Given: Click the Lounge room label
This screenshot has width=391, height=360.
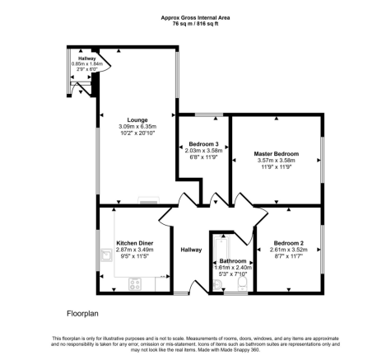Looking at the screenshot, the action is coord(137,120).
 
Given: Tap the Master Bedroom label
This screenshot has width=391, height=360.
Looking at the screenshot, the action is coord(277,154).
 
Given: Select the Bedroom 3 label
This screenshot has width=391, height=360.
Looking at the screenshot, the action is coord(203,144).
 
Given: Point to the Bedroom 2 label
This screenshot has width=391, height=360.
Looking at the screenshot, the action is coord(289,243).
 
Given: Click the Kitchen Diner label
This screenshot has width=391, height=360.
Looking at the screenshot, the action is coord(135,243).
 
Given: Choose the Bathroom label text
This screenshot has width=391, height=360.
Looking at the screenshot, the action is coord(233,261).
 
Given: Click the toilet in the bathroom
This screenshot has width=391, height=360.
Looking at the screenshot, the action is coord(242,283).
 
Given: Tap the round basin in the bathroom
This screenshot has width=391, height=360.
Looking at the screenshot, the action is coord(217,285).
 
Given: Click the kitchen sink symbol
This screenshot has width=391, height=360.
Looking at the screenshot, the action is coord(106,255).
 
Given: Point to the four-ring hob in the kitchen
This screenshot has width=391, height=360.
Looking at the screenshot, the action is coord(135,284).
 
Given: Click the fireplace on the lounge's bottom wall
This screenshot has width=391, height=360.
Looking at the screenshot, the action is coord(149,201).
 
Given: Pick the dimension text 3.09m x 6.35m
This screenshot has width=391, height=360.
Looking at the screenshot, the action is coord(137,127).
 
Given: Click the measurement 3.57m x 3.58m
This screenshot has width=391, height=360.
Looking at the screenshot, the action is coord(276,161).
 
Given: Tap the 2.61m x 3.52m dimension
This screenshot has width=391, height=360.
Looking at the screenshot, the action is coord(289,250).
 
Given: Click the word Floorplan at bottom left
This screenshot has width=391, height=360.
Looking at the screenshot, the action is coord(82,314).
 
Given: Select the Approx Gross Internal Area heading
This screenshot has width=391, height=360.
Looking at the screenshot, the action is coord(195,18).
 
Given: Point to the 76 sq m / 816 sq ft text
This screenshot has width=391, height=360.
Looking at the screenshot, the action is coord(195,23).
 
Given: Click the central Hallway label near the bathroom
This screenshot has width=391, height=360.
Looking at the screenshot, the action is coord(191,250).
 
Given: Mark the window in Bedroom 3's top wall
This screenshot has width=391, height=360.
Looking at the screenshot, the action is coord(209,115).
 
